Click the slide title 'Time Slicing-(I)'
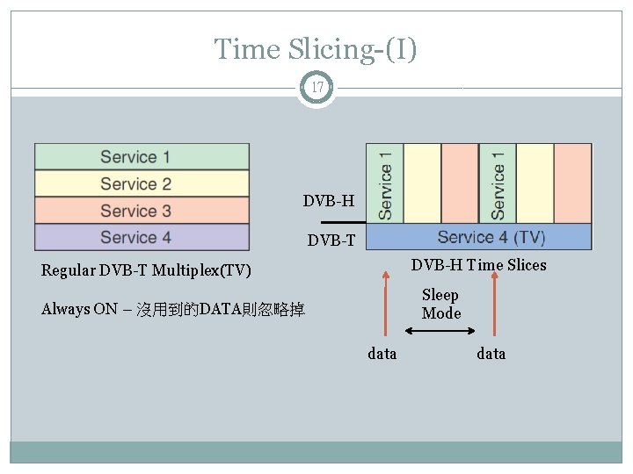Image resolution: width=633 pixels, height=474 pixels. (x=316, y=49)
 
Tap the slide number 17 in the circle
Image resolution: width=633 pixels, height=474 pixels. (x=316, y=88)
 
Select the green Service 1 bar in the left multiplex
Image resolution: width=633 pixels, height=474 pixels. (x=142, y=157)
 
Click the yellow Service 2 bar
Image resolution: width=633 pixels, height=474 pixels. (x=142, y=184)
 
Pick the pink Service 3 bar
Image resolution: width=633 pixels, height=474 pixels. (x=142, y=211)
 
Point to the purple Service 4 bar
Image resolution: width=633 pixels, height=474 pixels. (x=142, y=237)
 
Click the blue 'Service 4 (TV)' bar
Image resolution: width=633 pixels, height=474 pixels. (x=478, y=237)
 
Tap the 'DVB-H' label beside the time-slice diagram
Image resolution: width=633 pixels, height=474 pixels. (x=329, y=202)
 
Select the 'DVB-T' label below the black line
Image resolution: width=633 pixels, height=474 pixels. (x=331, y=241)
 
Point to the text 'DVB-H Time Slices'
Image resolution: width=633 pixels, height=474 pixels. (x=478, y=265)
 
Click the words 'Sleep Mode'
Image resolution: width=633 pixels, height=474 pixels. (x=440, y=304)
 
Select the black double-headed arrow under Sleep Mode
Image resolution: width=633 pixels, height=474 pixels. (x=440, y=331)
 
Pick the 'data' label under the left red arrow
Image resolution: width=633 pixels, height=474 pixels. (x=382, y=354)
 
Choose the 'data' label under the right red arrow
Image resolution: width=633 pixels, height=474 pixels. (x=491, y=354)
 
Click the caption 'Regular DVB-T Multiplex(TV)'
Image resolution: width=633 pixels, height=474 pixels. (x=146, y=270)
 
